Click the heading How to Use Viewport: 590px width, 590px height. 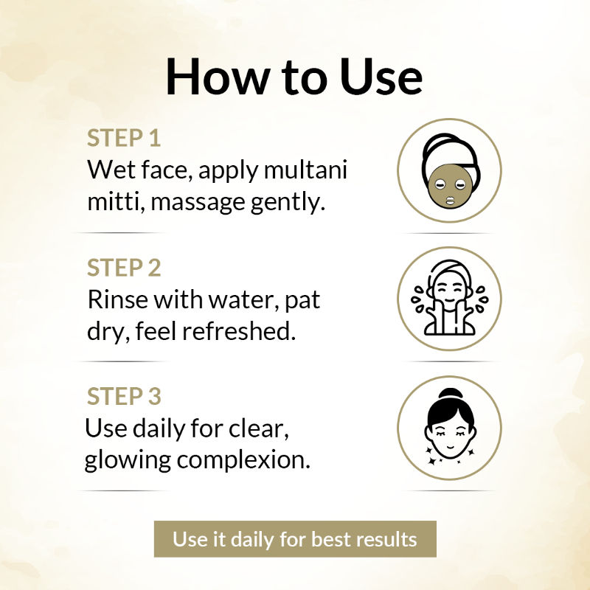coord(294,77)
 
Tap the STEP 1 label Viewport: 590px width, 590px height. coord(124,138)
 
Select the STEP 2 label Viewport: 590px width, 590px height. coord(124,268)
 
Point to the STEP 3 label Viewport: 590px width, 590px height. coord(124,397)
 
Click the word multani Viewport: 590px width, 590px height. coord(305,170)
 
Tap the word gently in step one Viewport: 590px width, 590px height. coord(288,204)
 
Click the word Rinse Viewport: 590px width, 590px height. coord(117,299)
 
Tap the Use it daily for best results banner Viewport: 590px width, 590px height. coord(295,539)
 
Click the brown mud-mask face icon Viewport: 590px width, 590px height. coord(449,170)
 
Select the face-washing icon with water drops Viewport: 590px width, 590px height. coord(449,299)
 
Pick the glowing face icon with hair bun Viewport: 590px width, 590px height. coord(449,428)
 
